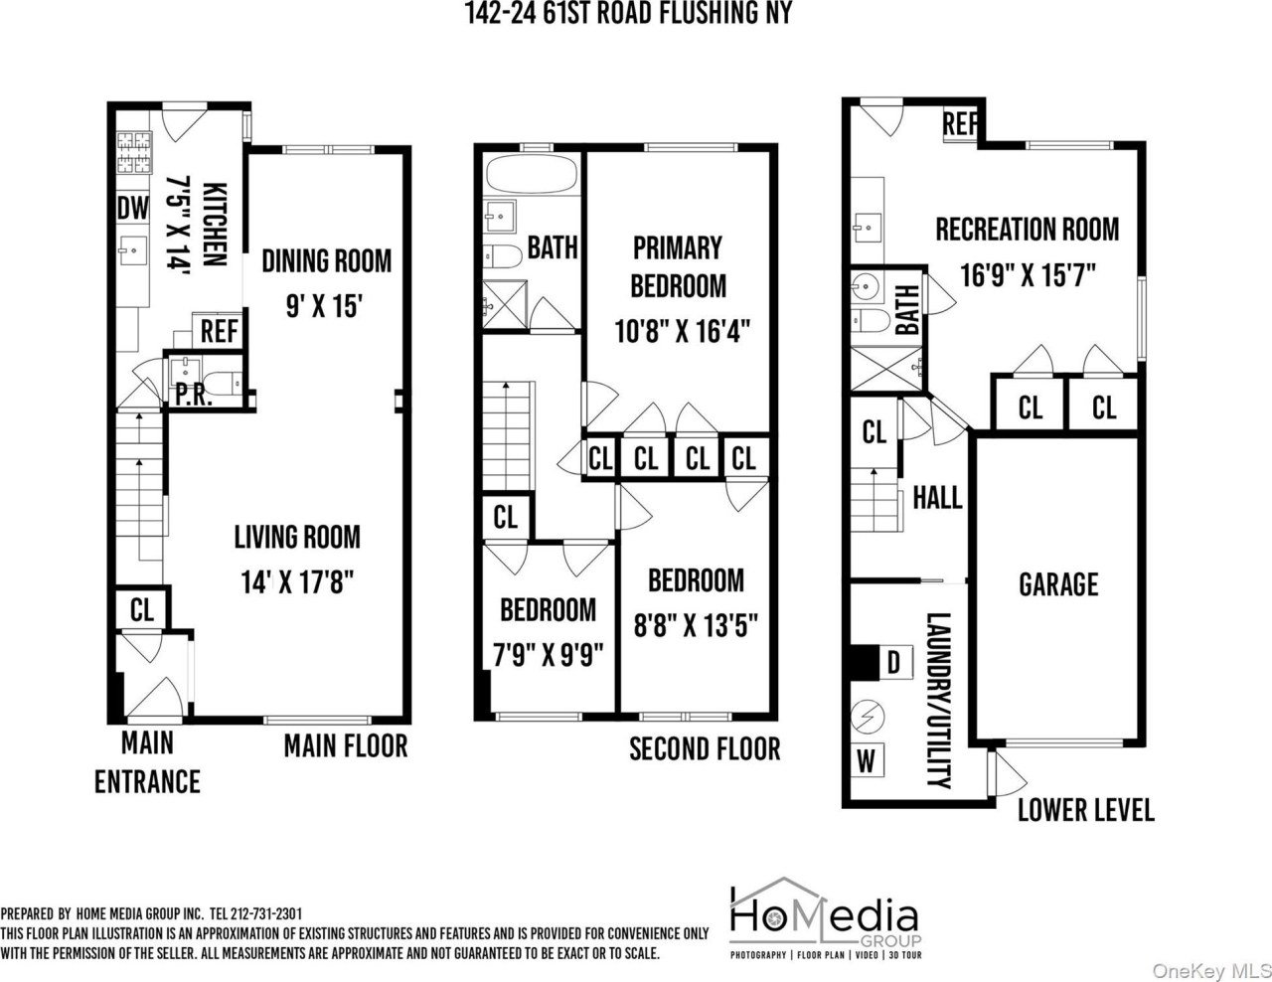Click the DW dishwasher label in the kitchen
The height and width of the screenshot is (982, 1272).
tap(133, 209)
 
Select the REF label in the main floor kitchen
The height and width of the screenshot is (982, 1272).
tap(219, 330)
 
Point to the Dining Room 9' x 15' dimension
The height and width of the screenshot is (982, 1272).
tap(326, 304)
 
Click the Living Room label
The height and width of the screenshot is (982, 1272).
tap(297, 538)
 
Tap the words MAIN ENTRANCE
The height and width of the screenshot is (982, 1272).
tap(147, 762)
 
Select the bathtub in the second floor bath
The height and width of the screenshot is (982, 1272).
tap(532, 175)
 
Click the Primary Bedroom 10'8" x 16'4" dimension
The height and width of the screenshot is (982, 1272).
tap(681, 330)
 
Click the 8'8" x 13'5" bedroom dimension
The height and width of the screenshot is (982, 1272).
tap(696, 625)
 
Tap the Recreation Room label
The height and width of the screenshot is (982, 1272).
tap(1027, 230)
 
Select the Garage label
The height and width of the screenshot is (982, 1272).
tap(1058, 584)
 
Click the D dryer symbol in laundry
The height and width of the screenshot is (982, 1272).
tap(893, 662)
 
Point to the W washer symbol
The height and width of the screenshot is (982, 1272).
tap(867, 760)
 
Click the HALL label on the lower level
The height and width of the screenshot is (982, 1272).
tap(937, 497)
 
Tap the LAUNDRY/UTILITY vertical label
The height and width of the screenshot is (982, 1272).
tap(938, 700)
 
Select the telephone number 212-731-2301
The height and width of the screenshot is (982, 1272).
tap(266, 913)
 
